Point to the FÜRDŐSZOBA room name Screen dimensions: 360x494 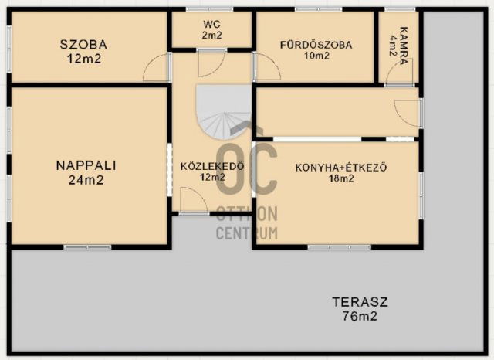point(316,45)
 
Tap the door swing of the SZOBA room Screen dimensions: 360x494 point(157,68)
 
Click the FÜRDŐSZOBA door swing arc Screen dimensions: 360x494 point(267,68)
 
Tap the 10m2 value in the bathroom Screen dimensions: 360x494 point(316,56)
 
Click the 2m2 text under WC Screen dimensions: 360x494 point(211,36)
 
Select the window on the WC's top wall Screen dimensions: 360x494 point(211,10)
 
